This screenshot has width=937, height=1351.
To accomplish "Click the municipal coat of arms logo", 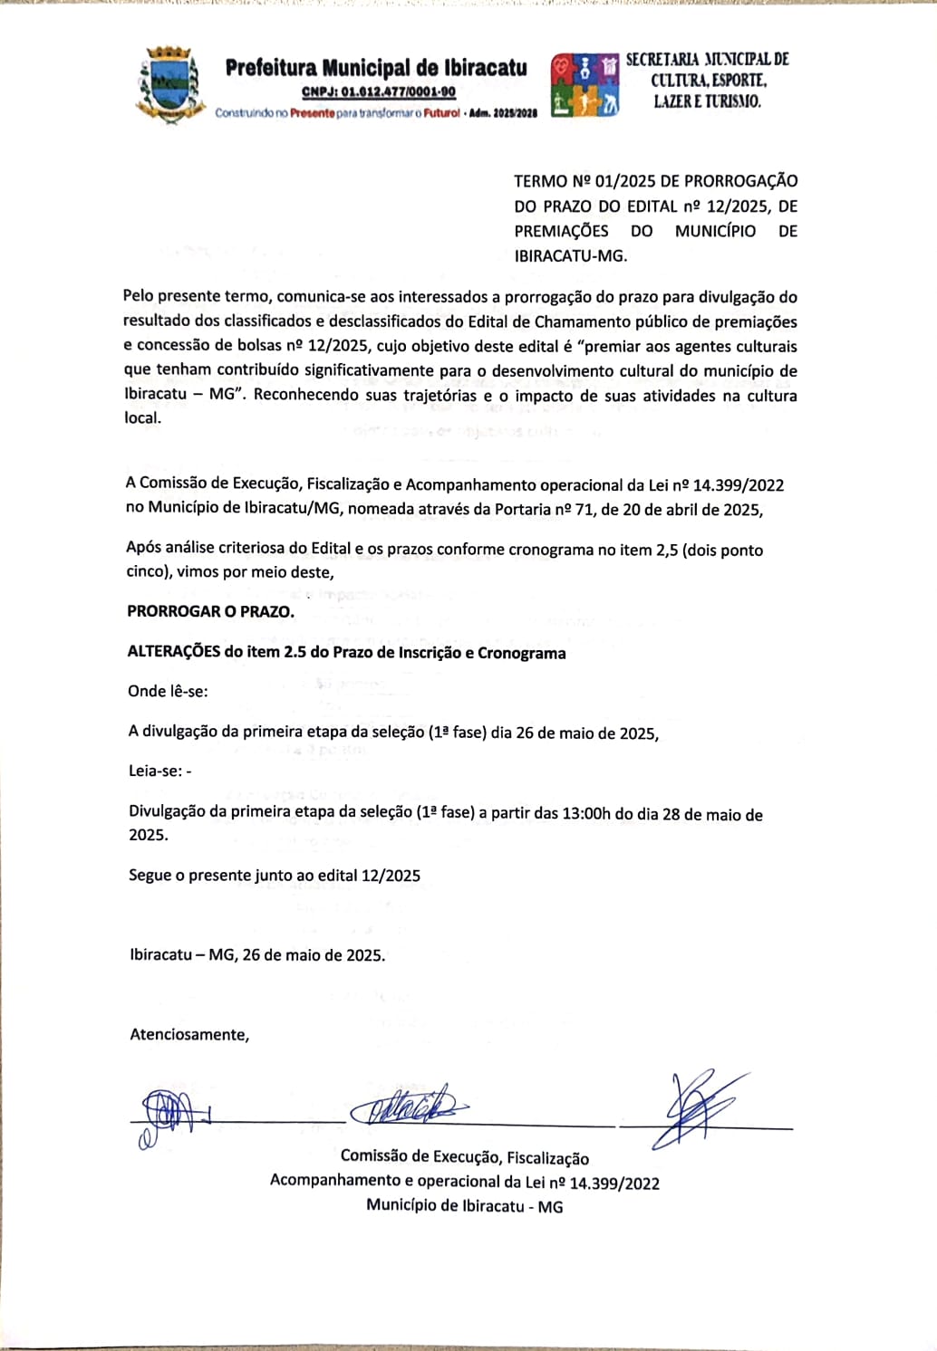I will [x=169, y=85].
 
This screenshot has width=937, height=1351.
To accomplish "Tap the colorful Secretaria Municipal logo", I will [x=585, y=85].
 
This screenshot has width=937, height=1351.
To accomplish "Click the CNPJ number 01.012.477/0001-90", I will [x=379, y=91].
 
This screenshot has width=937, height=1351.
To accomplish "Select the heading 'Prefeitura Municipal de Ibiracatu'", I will [x=376, y=68].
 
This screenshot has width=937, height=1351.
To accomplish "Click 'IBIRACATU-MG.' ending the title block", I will [x=570, y=255].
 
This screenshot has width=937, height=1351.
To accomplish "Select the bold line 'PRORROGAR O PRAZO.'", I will [x=210, y=611].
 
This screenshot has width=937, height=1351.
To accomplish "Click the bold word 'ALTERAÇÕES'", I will [x=174, y=653].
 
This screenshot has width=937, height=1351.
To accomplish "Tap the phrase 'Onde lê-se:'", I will [x=168, y=691].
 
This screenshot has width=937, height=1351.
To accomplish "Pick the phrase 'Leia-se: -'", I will [x=159, y=771].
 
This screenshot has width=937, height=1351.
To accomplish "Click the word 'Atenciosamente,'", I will [x=189, y=1034].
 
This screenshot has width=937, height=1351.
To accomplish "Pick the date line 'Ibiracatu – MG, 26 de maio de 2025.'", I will [x=257, y=954].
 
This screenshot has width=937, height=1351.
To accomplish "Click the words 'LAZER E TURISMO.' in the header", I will [x=707, y=101].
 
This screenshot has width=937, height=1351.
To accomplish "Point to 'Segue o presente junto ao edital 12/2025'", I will [x=275, y=875].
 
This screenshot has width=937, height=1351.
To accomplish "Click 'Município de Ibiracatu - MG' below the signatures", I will [x=464, y=1206].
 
